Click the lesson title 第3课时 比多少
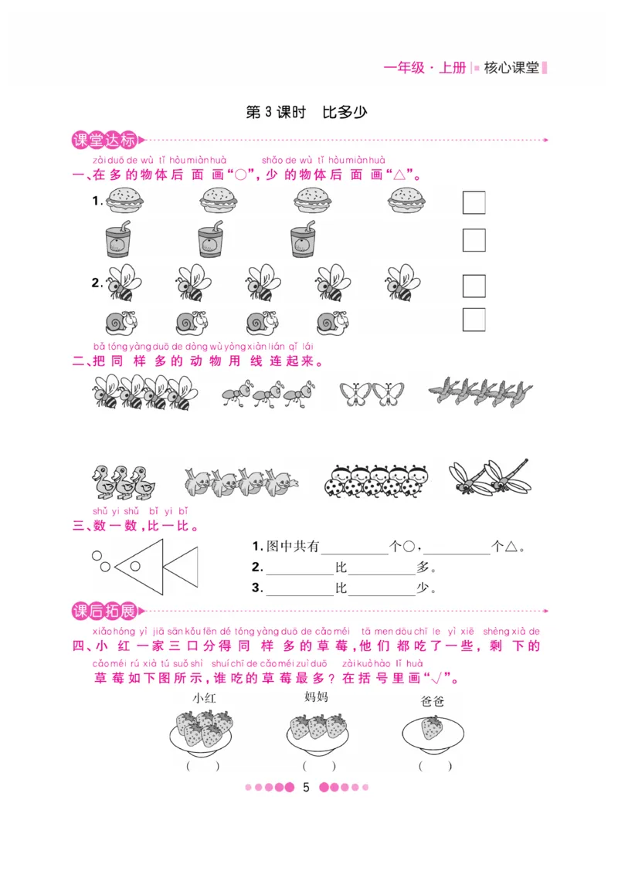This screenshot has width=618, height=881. [307, 112]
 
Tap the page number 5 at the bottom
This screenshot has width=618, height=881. [306, 788]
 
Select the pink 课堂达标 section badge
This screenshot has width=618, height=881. [104, 141]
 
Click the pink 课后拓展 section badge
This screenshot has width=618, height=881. [104, 612]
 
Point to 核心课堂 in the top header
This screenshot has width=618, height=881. [511, 68]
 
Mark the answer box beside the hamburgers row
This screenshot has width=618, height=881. [474, 202]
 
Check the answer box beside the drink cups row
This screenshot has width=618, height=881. [474, 240]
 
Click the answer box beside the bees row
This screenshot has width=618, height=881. [474, 286]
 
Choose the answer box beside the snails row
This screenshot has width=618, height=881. [474, 320]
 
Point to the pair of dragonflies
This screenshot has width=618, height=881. [490, 477]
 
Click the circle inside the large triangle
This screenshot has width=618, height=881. [135, 566]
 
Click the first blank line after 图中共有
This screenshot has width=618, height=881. [355, 547]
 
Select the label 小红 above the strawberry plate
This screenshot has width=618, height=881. [204, 698]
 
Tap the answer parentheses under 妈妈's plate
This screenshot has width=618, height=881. [319, 766]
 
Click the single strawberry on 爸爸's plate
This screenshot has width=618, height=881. [433, 727]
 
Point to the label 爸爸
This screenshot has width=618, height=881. [433, 701]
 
